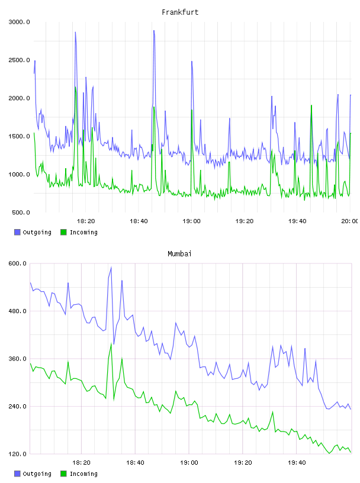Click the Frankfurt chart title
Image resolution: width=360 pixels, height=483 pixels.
(180, 12)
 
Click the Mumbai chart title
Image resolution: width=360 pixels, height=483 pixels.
(179, 254)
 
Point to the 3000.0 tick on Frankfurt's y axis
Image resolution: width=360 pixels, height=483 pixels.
(19, 22)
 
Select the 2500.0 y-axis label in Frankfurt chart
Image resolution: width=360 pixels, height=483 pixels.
(19, 60)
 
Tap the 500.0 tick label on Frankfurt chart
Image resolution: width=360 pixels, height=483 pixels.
(21, 212)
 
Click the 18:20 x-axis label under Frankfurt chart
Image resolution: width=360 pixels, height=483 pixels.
(86, 221)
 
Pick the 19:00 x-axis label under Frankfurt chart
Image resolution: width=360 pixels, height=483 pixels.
(191, 221)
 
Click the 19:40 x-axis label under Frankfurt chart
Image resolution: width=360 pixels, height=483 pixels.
(297, 221)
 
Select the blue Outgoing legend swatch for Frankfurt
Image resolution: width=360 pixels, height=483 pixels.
(17, 232)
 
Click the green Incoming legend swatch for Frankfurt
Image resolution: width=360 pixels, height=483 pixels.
(63, 232)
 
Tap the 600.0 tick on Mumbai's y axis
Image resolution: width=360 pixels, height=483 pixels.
(19, 263)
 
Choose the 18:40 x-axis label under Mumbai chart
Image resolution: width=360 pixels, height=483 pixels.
(135, 463)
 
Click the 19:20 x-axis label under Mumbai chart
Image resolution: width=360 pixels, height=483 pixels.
(243, 463)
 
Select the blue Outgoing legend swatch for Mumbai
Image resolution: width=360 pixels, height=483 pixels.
(17, 474)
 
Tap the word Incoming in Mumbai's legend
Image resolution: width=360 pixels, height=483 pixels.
(83, 474)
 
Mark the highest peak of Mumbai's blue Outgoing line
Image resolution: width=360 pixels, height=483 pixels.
(111, 268)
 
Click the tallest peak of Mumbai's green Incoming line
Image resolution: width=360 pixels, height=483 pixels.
(111, 344)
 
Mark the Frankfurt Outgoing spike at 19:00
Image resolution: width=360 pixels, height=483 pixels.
(192, 62)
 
